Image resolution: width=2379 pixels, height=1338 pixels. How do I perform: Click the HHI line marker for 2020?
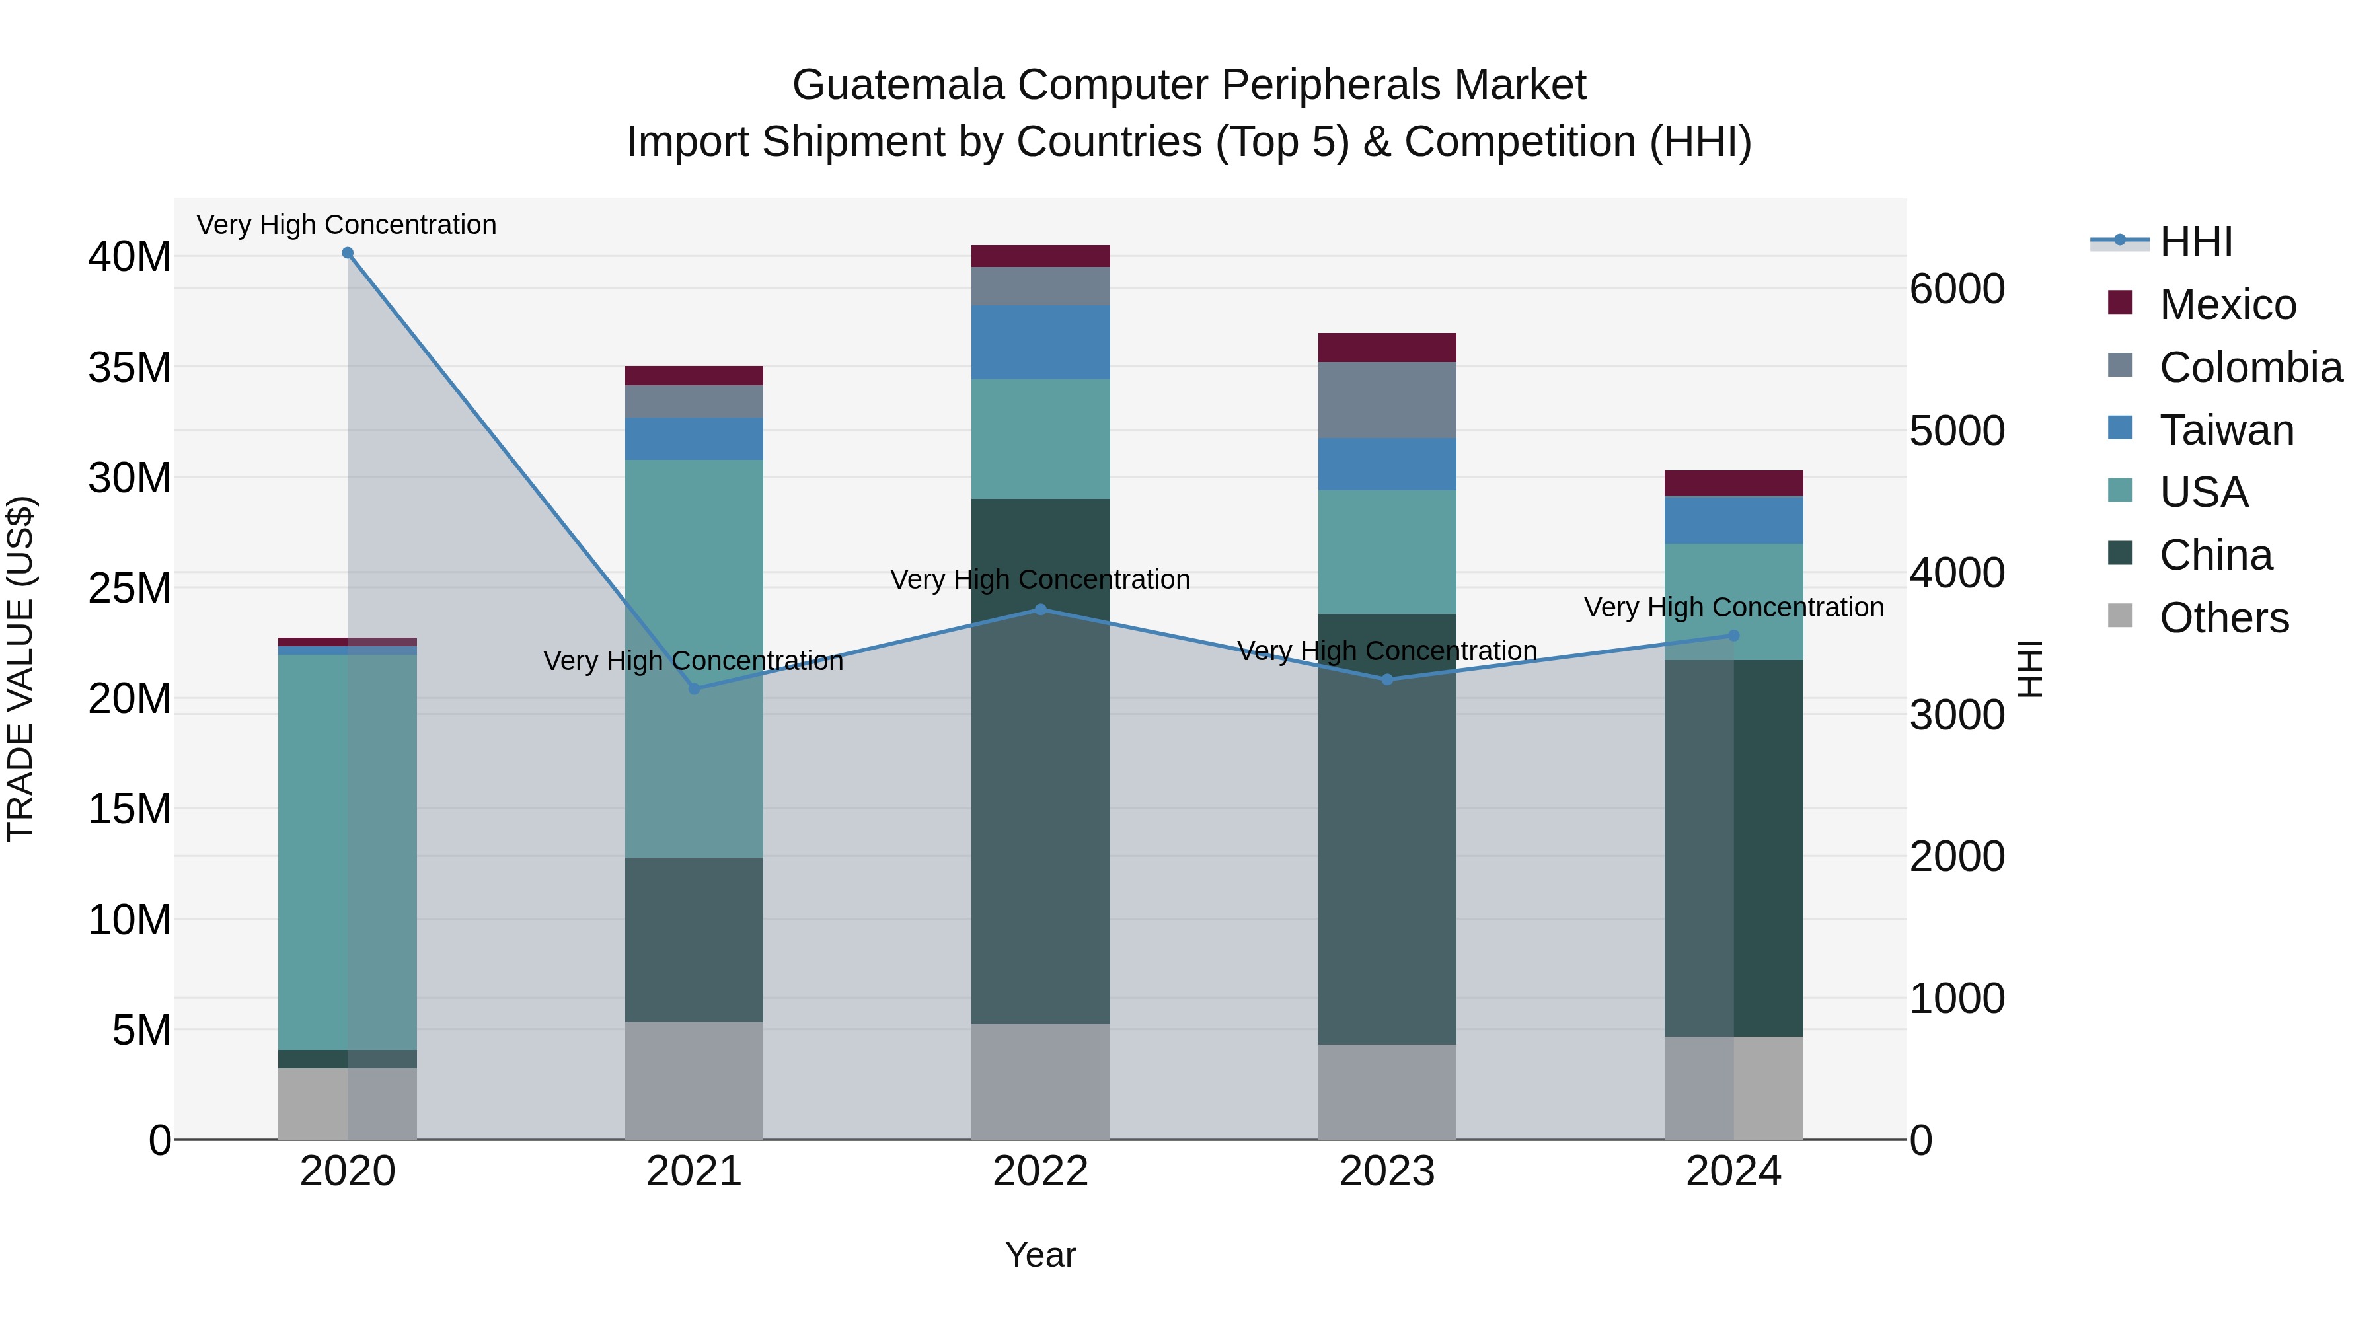pyautogui.click(x=347, y=253)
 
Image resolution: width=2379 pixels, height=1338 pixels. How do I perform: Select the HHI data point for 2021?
pyautogui.click(x=695, y=689)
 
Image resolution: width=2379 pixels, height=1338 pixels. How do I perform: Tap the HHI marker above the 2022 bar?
pyautogui.click(x=1041, y=609)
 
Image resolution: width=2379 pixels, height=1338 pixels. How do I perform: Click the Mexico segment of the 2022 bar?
pyautogui.click(x=1041, y=256)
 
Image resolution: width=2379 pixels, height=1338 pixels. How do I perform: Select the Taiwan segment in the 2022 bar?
pyautogui.click(x=1041, y=342)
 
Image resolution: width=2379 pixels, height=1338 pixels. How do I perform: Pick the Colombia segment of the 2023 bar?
pyautogui.click(x=1387, y=400)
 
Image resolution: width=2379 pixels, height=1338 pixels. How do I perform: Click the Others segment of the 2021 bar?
pyautogui.click(x=695, y=1080)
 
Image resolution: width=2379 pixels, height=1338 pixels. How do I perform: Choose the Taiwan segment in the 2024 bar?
pyautogui.click(x=1733, y=520)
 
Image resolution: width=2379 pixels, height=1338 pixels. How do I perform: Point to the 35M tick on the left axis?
pyautogui.click(x=130, y=367)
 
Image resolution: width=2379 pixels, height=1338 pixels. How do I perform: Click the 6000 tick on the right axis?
pyautogui.click(x=1957, y=289)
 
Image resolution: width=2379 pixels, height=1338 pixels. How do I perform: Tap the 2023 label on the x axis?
pyautogui.click(x=1387, y=1171)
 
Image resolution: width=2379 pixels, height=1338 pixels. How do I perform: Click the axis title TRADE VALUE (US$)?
pyautogui.click(x=21, y=669)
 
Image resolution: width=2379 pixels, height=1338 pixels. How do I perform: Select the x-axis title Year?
pyautogui.click(x=1041, y=1255)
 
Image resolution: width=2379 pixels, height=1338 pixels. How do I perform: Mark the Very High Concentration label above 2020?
pyautogui.click(x=346, y=225)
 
